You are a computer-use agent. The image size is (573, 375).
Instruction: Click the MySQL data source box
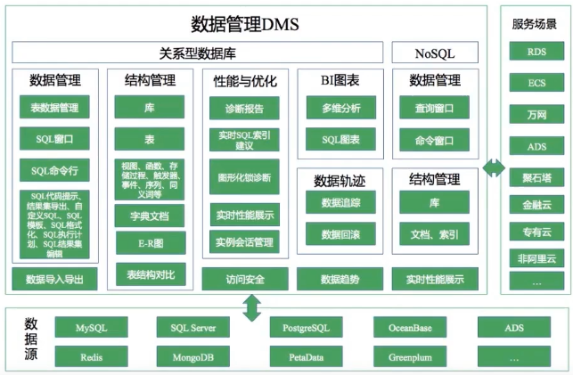pyautogui.click(x=91, y=329)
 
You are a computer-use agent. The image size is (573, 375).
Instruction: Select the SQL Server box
pyautogui.click(x=193, y=329)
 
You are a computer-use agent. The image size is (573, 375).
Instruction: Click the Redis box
pyautogui.click(x=91, y=356)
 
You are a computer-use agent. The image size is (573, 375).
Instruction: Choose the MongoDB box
pyautogui.click(x=193, y=356)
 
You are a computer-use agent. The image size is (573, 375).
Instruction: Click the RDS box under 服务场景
pyautogui.click(x=536, y=52)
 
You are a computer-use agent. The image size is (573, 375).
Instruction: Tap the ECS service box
pyautogui.click(x=536, y=83)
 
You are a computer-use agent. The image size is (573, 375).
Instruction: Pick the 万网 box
pyautogui.click(x=536, y=114)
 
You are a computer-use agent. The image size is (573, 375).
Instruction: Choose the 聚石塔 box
pyautogui.click(x=536, y=176)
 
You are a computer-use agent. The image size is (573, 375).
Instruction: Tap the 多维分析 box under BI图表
pyautogui.click(x=340, y=110)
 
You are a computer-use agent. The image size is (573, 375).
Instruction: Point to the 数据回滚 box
pyautogui.click(x=340, y=234)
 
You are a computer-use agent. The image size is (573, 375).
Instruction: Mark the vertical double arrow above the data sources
pyautogui.click(x=251, y=306)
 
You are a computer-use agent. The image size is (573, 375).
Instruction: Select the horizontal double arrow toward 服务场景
pyautogui.click(x=491, y=167)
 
